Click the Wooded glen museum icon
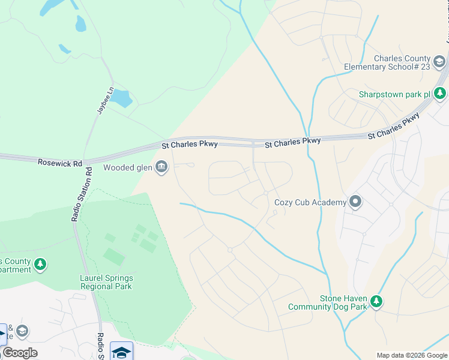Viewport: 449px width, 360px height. click(161, 167)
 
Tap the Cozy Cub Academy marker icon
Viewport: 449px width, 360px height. click(355, 202)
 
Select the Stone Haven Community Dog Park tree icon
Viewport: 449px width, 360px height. click(376, 301)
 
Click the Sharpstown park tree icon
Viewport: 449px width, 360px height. click(440, 94)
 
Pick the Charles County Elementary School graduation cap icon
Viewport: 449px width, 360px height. click(439, 62)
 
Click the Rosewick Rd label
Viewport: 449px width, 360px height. click(59, 163)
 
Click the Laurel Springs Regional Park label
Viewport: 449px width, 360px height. click(106, 282)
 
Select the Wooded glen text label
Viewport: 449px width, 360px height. click(127, 167)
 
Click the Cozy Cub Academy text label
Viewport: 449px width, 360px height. click(310, 202)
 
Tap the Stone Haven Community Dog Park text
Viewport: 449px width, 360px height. click(327, 302)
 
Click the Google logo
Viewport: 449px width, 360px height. click(20, 352)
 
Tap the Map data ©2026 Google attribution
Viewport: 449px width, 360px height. click(411, 355)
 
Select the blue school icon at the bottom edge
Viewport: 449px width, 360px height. click(121, 352)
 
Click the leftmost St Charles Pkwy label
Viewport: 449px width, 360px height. click(190, 145)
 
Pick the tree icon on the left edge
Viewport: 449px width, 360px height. click(40, 264)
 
